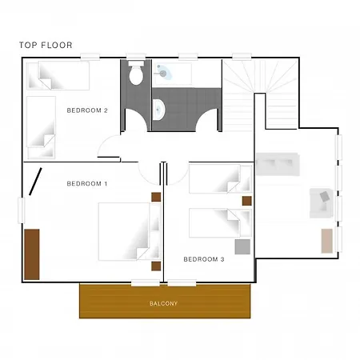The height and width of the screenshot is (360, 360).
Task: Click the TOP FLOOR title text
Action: click(x=46, y=45)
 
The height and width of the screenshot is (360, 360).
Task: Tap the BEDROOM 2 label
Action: click(x=87, y=110)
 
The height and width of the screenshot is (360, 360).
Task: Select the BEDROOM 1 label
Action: click(x=87, y=184)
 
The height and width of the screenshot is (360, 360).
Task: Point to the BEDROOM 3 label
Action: click(x=204, y=259)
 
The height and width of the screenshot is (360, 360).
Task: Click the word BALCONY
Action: click(x=163, y=303)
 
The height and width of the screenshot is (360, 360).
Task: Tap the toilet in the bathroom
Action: click(x=136, y=73)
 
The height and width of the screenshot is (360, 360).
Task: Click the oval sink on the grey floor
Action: click(x=159, y=110)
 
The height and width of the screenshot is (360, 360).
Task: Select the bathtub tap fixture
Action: click(x=162, y=71)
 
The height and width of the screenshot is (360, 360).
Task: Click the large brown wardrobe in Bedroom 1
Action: click(x=32, y=254)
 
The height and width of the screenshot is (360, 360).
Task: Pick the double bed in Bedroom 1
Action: click(x=130, y=231)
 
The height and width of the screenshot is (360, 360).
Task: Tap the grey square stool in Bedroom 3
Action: click(x=242, y=246)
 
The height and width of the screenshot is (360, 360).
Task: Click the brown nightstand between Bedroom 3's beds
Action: click(x=247, y=201)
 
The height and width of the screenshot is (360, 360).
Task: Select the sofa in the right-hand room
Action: click(x=278, y=164)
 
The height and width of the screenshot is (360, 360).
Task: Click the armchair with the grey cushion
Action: click(x=322, y=203)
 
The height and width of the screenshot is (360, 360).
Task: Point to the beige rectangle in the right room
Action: click(x=327, y=241)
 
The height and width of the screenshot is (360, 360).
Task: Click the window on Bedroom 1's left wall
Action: click(x=21, y=210)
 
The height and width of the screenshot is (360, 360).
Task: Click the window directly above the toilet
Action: click(x=136, y=57)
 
